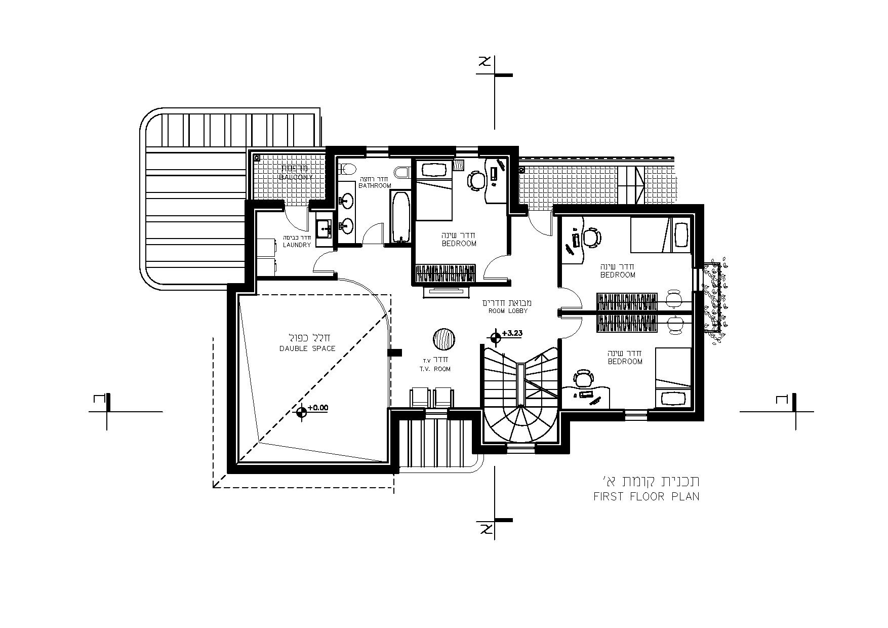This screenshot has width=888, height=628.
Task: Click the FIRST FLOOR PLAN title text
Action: tap(646, 496)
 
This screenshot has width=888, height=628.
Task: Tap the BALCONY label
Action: tap(296, 177)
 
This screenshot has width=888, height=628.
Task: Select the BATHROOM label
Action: tap(375, 185)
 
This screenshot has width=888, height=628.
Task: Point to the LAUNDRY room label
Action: tap(297, 245)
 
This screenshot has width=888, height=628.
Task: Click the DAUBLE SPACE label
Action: tap(307, 348)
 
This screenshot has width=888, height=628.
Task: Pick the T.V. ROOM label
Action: tap(434, 369)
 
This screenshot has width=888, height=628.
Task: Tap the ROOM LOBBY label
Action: tap(508, 310)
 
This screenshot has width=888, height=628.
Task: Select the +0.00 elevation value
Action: tap(317, 407)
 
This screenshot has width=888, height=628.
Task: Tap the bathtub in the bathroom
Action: tap(401, 217)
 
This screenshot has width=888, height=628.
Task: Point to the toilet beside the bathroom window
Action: tap(403, 172)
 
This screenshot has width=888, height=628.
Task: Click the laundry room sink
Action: tap(324, 230)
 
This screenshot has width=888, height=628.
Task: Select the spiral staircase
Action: tap(521, 400)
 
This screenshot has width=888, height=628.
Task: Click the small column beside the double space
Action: tap(394, 352)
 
